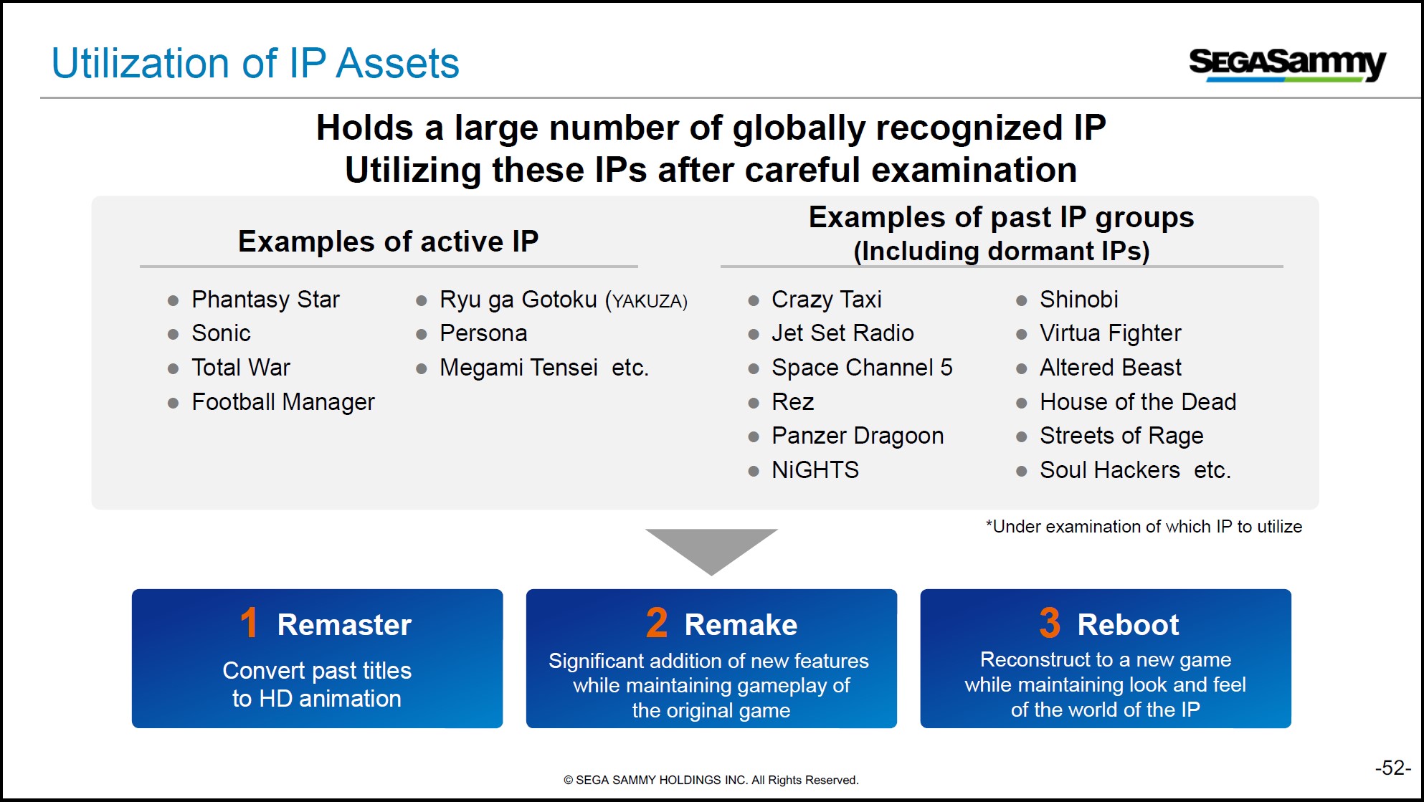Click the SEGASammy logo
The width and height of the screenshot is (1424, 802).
click(1287, 65)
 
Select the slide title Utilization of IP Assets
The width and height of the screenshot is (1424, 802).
click(255, 63)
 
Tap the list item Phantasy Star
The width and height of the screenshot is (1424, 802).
click(265, 300)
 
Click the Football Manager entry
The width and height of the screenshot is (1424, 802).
click(283, 402)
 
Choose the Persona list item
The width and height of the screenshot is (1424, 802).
click(483, 333)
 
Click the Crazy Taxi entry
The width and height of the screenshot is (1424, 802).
click(826, 300)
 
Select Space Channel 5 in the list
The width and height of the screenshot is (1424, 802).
click(862, 368)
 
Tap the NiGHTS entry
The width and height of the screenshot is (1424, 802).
click(815, 470)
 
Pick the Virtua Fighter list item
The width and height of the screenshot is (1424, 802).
click(1110, 333)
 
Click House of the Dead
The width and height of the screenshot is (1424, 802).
click(1138, 402)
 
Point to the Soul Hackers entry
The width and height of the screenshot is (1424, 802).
click(1109, 470)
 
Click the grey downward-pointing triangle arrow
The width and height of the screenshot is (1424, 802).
click(711, 548)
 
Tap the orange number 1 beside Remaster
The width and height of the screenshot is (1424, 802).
click(249, 623)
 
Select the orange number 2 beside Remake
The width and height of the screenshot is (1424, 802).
click(657, 623)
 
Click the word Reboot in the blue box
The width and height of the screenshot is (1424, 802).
click(1128, 625)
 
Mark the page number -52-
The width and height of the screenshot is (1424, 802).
click(1392, 768)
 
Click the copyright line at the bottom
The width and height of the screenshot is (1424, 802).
click(711, 780)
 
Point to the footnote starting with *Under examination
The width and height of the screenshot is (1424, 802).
click(1144, 527)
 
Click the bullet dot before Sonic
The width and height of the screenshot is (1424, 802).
click(173, 335)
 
